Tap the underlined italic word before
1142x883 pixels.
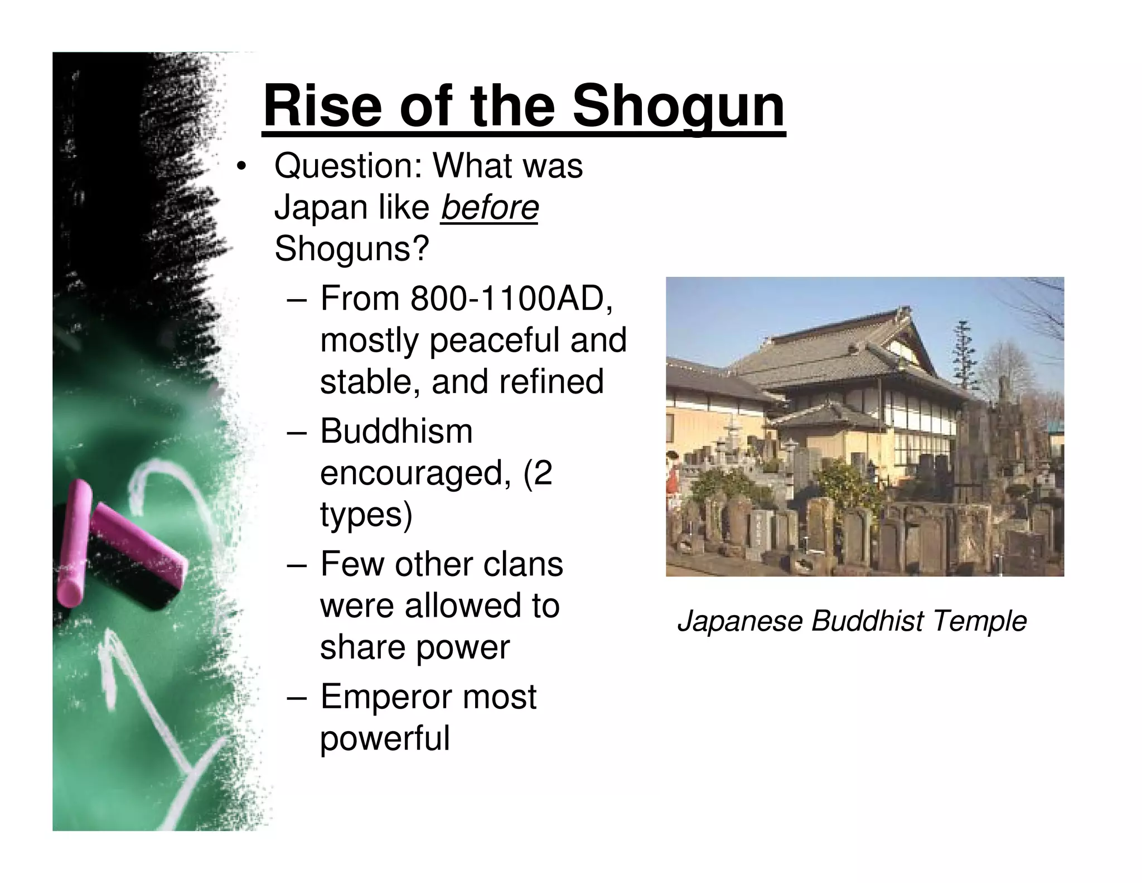pyautogui.click(x=489, y=208)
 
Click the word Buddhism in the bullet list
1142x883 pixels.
pyautogui.click(x=396, y=431)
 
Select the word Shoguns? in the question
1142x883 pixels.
pyautogui.click(x=352, y=249)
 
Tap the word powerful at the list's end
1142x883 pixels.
pyautogui.click(x=385, y=738)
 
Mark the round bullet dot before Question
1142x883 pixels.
pyautogui.click(x=240, y=167)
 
